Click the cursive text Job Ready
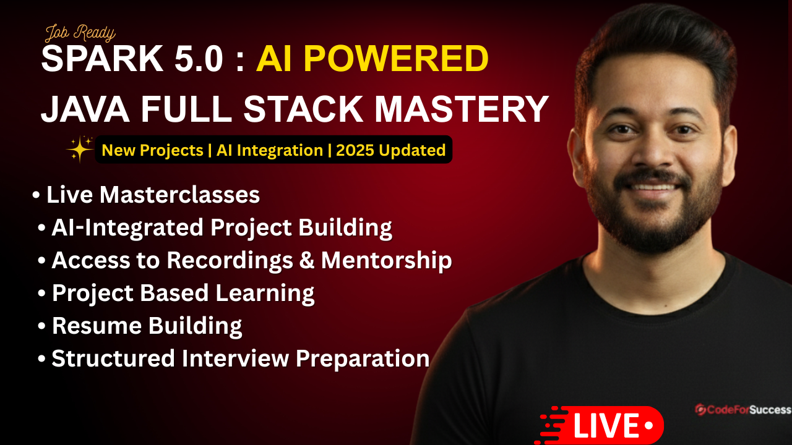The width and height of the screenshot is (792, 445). point(80,34)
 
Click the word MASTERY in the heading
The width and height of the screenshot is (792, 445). point(462,109)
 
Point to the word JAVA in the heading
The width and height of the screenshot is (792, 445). point(85,109)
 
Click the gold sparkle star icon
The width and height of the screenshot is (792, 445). point(80,149)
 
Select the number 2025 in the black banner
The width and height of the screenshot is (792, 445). point(355,150)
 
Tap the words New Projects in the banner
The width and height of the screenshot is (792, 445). point(152,150)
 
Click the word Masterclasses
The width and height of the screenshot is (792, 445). point(179,195)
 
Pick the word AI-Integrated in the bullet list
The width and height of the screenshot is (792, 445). point(127,228)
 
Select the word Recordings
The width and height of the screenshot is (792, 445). point(230,261)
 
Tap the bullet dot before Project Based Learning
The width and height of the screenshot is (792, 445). point(41,293)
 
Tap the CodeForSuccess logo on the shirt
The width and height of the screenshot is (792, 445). point(743,410)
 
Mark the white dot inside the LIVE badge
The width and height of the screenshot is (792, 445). point(649,426)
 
